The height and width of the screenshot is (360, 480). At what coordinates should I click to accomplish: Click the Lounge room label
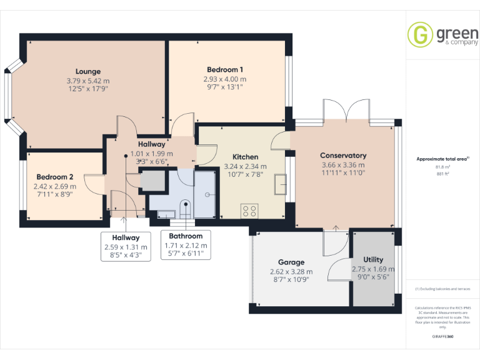tap(88, 71)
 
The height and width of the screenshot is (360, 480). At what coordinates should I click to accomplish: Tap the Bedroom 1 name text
tap(225, 69)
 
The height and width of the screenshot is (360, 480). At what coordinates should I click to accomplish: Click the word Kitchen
tap(245, 157)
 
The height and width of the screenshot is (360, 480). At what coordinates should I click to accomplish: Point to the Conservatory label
tap(343, 156)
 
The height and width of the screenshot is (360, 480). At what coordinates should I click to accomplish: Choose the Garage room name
tap(291, 262)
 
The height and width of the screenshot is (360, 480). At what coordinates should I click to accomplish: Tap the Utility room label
tap(373, 259)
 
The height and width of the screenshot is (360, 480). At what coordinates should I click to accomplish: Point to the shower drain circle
tap(207, 194)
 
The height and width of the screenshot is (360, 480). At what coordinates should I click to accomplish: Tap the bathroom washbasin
tap(166, 214)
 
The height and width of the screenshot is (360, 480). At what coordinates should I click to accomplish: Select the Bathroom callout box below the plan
tap(186, 245)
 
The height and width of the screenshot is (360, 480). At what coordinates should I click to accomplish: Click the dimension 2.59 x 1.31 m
tap(126, 247)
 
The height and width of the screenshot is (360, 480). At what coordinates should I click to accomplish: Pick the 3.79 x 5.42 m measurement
tap(88, 81)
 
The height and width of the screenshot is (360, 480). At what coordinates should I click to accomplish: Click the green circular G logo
tap(420, 34)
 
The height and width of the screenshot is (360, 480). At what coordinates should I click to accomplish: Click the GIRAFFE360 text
tap(442, 337)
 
